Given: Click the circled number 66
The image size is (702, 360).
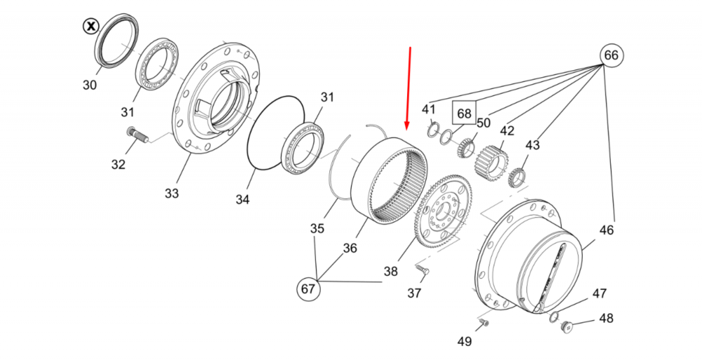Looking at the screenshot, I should pos(611,55).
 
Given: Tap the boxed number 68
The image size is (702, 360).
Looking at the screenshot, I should pos(464,113).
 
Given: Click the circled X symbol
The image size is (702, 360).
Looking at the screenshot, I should pos(91,27).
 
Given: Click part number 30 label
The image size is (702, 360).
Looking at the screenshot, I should pos(89,86).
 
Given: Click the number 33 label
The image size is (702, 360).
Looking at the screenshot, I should pos(172,193).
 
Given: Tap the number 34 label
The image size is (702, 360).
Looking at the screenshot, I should pos(242,199).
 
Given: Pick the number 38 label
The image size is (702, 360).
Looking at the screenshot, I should pos(390,270).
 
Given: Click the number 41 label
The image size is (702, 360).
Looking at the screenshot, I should pos(429,109).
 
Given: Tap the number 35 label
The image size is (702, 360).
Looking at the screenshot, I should pos(317,228).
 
